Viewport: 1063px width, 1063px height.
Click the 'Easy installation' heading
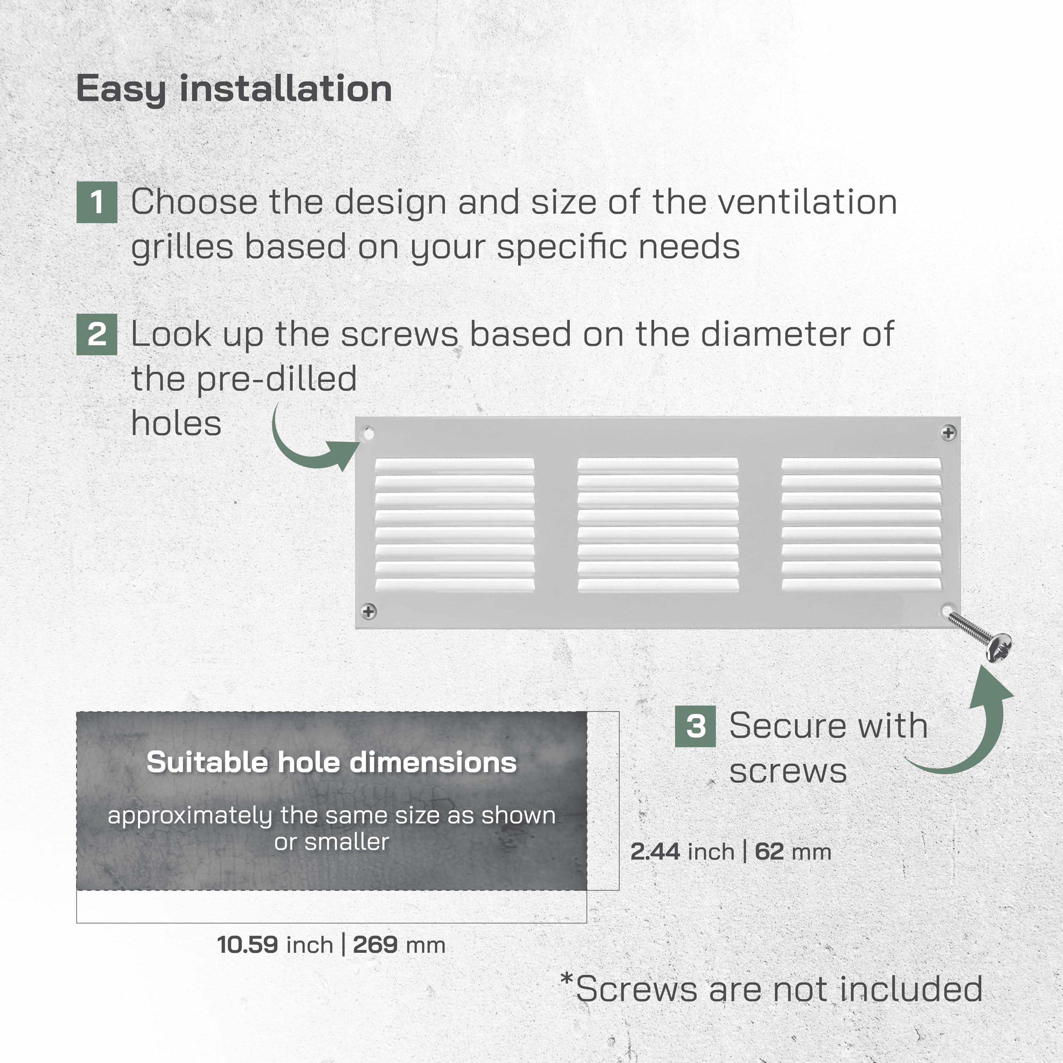(x=234, y=90)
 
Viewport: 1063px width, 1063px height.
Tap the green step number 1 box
(x=97, y=202)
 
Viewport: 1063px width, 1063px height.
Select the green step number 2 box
(x=97, y=335)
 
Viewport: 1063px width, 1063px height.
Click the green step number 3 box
(x=696, y=726)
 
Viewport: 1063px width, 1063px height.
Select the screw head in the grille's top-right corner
(x=948, y=433)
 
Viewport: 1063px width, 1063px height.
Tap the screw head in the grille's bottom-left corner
(x=369, y=611)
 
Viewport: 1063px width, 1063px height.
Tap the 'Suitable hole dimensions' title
(x=332, y=763)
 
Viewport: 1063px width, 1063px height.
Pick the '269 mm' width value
(x=399, y=945)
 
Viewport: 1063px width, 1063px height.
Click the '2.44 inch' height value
(x=682, y=852)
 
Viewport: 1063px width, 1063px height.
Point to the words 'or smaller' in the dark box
(x=332, y=842)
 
